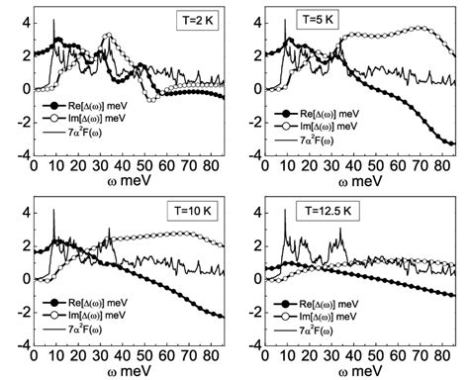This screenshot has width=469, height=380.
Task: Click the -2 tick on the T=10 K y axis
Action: pos(12,315)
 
